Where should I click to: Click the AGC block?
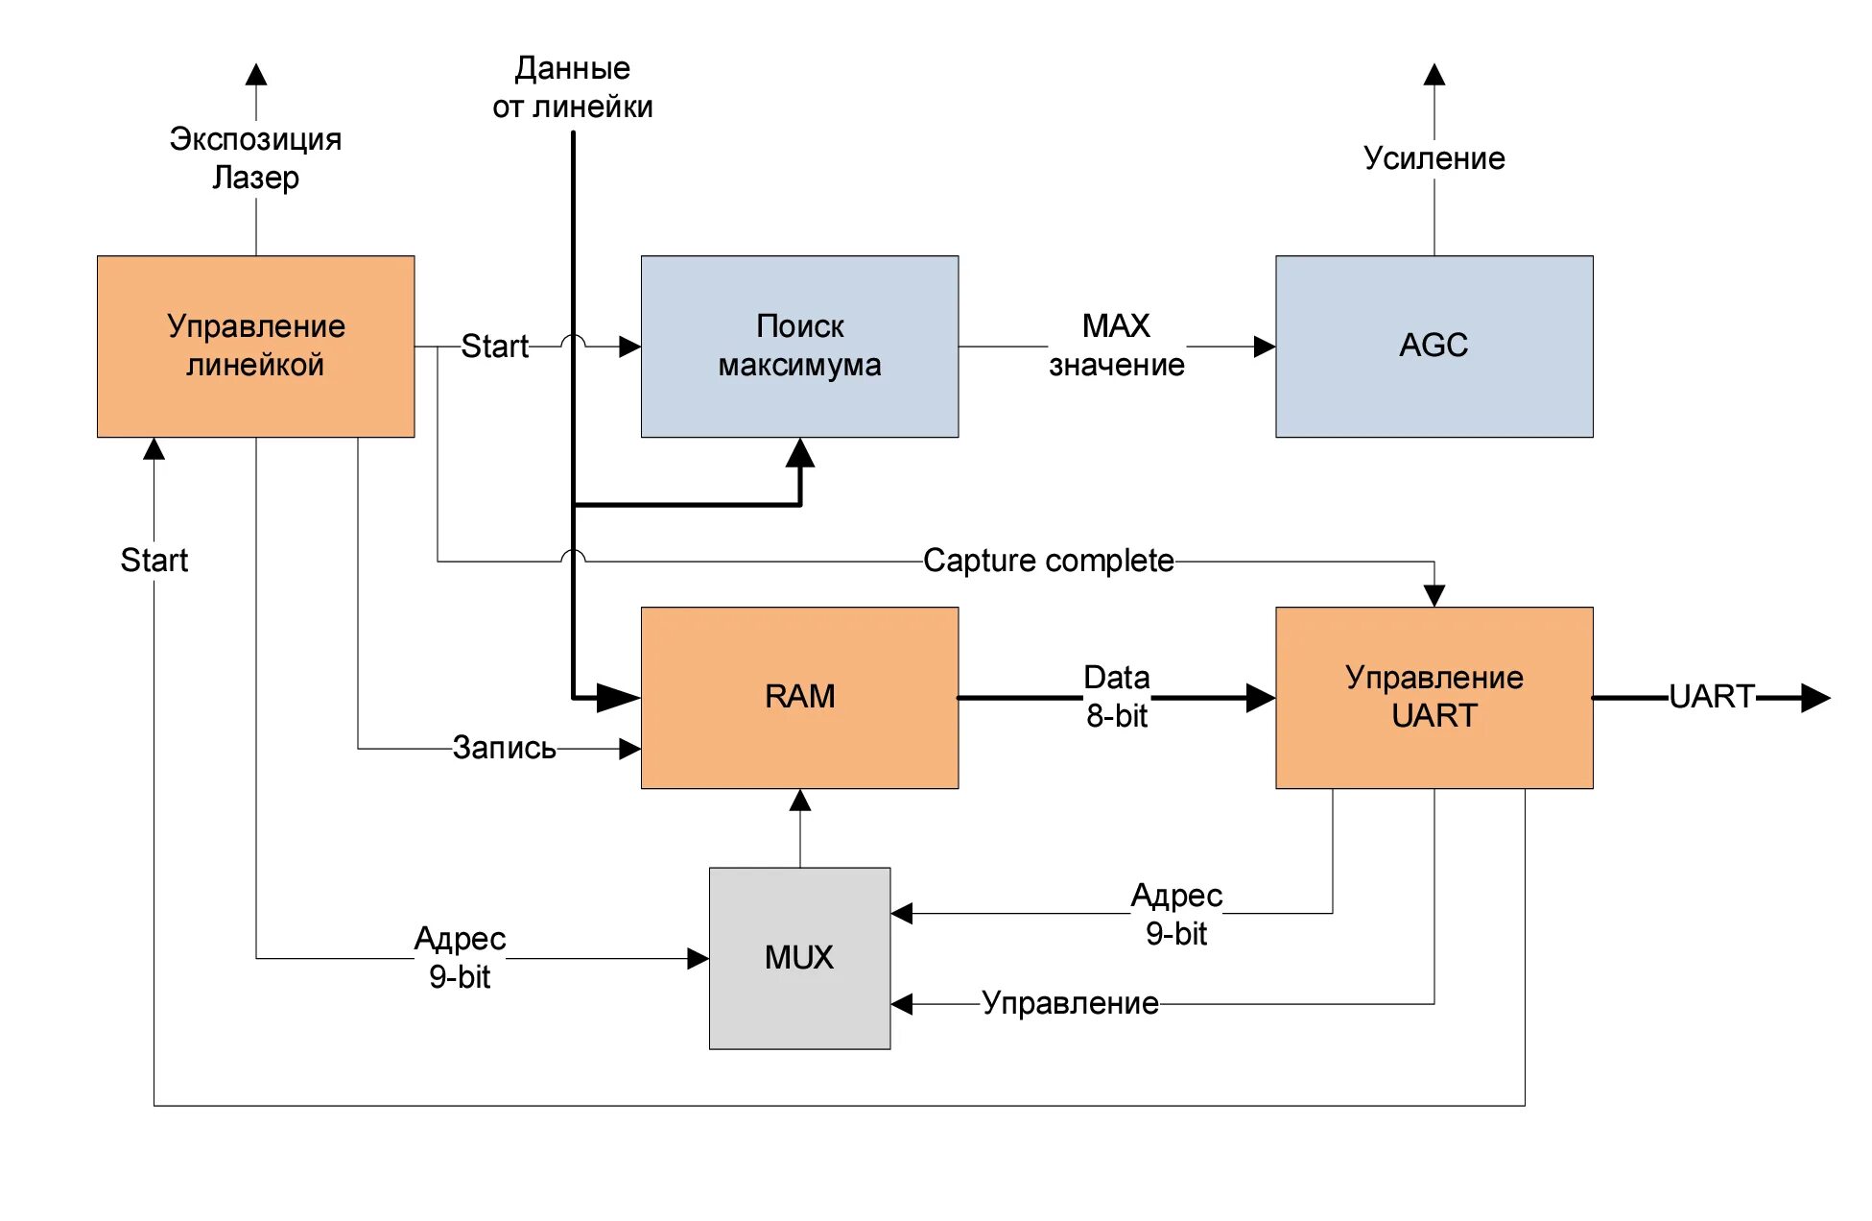pyautogui.click(x=1434, y=346)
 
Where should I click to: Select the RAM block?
pyautogui.click(x=799, y=697)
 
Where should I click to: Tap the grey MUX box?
pyautogui.click(x=799, y=957)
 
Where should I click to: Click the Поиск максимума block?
pyautogui.click(x=799, y=346)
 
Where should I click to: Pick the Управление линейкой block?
pyautogui.click(x=255, y=346)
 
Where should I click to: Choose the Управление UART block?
pyautogui.click(x=1434, y=697)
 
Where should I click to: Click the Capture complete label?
pyautogui.click(x=1048, y=561)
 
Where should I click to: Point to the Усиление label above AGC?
pyautogui.click(x=1434, y=158)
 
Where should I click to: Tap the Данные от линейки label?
pyautogui.click(x=573, y=87)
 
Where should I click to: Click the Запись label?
pyautogui.click(x=504, y=748)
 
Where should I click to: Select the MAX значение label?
pyautogui.click(x=1116, y=346)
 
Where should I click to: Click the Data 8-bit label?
pyautogui.click(x=1116, y=697)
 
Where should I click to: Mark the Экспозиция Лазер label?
pyautogui.click(x=255, y=158)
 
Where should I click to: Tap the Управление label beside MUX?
pyautogui.click(x=1070, y=1003)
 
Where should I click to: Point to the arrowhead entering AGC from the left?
pyautogui.click(x=1264, y=347)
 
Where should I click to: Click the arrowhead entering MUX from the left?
pyautogui.click(x=698, y=958)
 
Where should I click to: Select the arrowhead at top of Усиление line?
pyautogui.click(x=1434, y=75)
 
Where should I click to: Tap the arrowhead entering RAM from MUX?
pyautogui.click(x=800, y=801)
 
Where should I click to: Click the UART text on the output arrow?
pyautogui.click(x=1711, y=697)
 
